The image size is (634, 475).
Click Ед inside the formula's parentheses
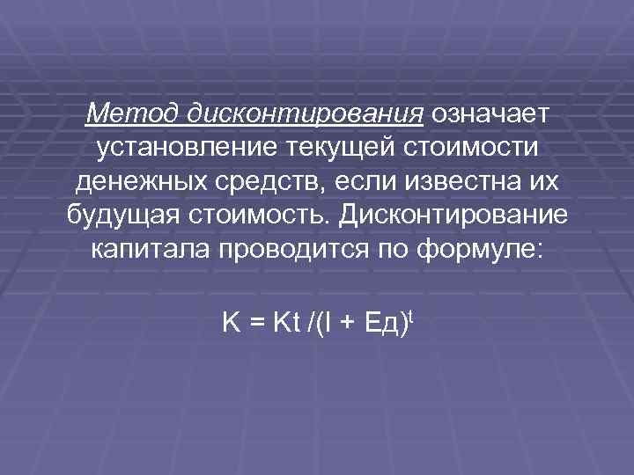(380, 326)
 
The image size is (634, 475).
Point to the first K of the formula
(230, 325)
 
